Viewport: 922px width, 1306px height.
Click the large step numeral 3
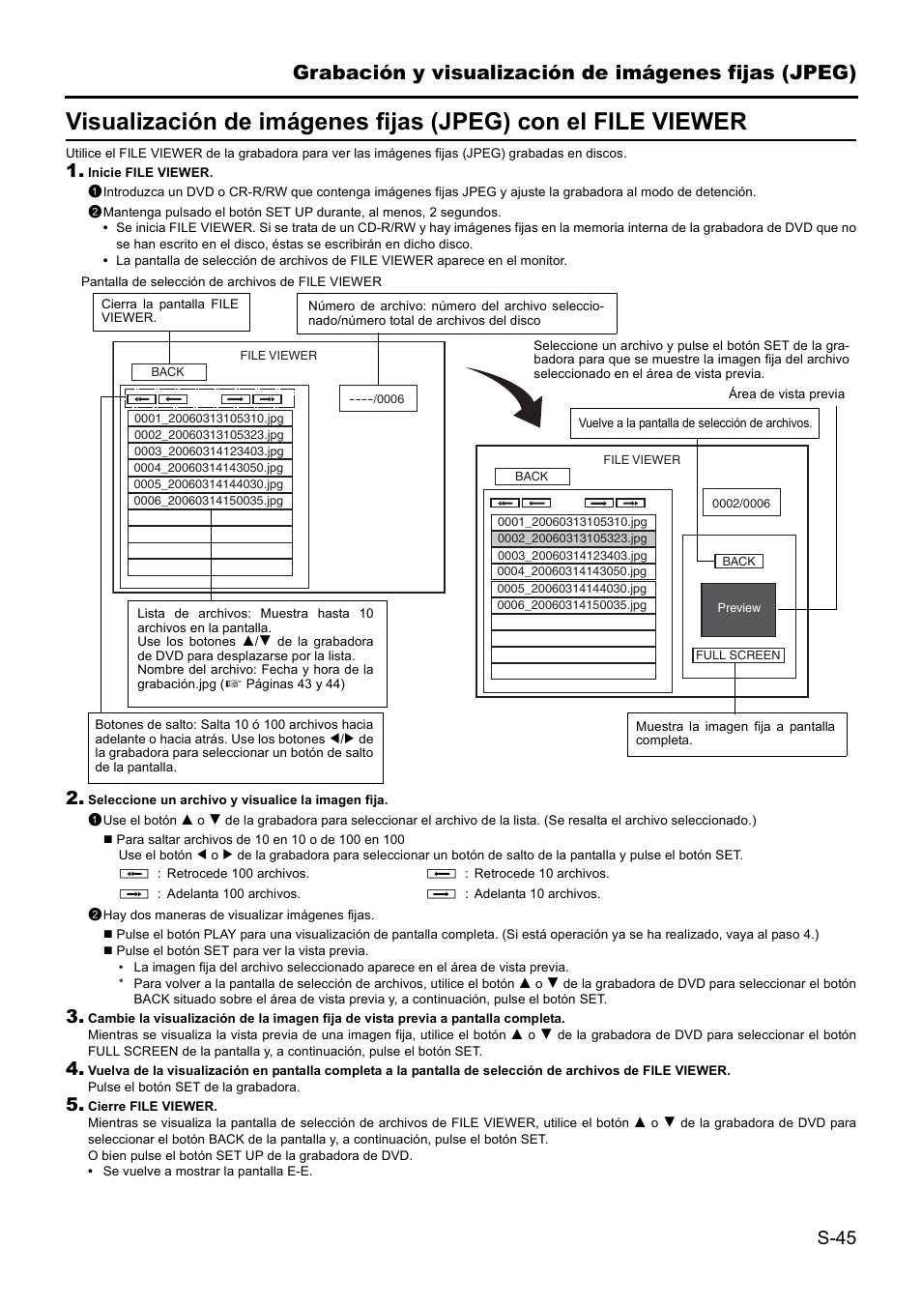(x=73, y=1016)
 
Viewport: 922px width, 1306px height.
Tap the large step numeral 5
(x=73, y=1104)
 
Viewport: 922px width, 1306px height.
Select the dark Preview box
(x=738, y=609)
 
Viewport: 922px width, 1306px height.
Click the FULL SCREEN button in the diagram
(x=738, y=655)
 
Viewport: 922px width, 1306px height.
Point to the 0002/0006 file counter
(x=740, y=504)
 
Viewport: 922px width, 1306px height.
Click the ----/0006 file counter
(x=377, y=399)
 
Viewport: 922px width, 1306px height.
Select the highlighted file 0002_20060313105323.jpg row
(x=572, y=538)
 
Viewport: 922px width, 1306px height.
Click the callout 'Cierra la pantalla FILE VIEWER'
(x=169, y=310)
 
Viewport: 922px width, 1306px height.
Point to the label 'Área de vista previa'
(x=786, y=394)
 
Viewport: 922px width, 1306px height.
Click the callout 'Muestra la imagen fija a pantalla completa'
(x=735, y=734)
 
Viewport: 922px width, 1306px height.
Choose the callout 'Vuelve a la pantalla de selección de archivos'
(x=694, y=423)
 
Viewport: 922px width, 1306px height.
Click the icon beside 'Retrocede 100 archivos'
(x=134, y=874)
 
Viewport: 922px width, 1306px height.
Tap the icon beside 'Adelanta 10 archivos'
(x=441, y=894)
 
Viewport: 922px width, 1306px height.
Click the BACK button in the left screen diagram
(x=168, y=372)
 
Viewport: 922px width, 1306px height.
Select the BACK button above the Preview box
(x=738, y=562)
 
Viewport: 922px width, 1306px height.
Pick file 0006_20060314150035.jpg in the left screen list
(x=209, y=501)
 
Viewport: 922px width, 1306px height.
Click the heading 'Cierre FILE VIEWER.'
(x=153, y=1106)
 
